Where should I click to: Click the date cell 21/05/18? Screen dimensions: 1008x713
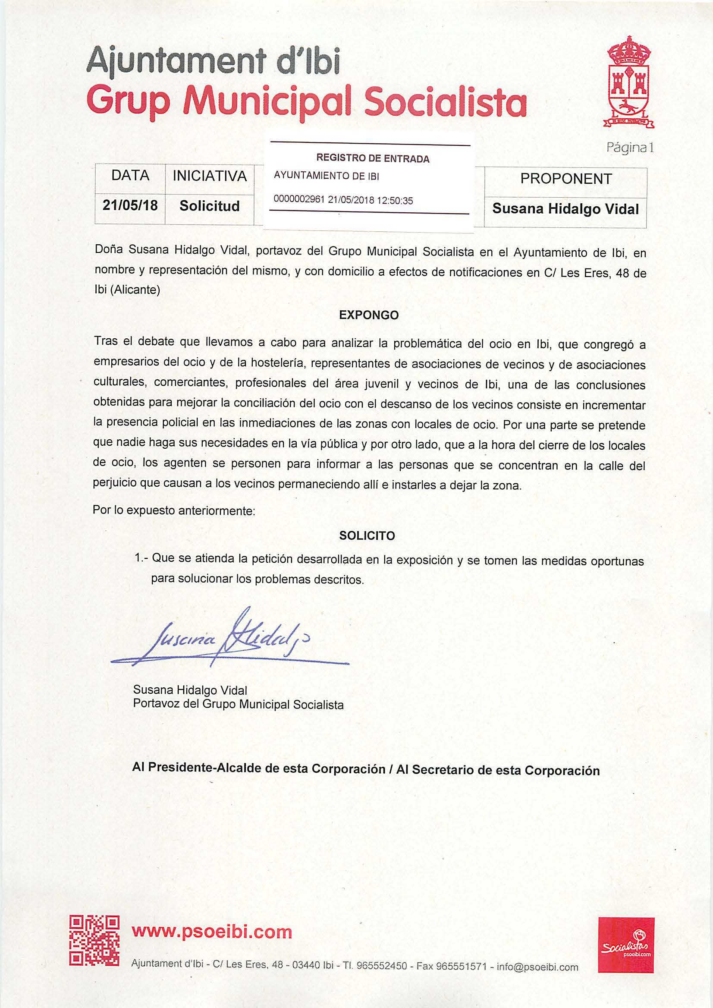130,205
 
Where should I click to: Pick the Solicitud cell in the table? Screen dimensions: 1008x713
210,205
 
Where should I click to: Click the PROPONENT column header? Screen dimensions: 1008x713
565,179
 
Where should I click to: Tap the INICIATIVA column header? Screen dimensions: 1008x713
210,176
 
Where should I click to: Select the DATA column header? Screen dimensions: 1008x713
130,175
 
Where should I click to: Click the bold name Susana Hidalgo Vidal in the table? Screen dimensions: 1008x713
565,208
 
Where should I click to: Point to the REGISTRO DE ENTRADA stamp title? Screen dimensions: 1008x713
373,158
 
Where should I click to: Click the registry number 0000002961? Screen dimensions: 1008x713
299,200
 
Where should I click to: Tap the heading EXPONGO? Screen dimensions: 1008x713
369,315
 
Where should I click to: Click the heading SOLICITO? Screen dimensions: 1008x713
367,535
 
